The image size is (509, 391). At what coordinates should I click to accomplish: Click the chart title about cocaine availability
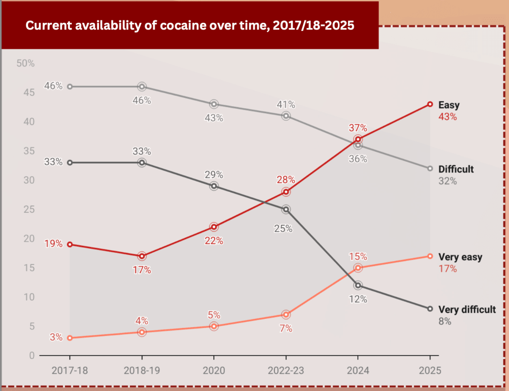pyautogui.click(x=190, y=26)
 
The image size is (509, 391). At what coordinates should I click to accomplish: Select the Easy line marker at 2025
pyautogui.click(x=430, y=104)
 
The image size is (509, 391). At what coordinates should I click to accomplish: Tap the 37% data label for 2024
pyautogui.click(x=358, y=128)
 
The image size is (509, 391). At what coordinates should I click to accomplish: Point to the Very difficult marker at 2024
pyautogui.click(x=358, y=285)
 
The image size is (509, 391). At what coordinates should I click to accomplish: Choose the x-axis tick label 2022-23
pyautogui.click(x=286, y=371)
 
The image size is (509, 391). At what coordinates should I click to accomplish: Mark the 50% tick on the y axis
pyautogui.click(x=25, y=63)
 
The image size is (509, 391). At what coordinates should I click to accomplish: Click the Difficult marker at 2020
pyautogui.click(x=214, y=104)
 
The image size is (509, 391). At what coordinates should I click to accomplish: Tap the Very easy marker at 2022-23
pyautogui.click(x=286, y=314)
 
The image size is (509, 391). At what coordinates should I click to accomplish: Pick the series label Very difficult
pyautogui.click(x=467, y=309)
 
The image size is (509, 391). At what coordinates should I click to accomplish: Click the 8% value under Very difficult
pyautogui.click(x=445, y=321)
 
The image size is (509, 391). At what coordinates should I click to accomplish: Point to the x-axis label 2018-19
pyautogui.click(x=142, y=371)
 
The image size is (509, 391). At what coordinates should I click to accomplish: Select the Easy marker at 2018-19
pyautogui.click(x=142, y=256)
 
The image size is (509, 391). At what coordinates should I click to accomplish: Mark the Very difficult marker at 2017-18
pyautogui.click(x=70, y=162)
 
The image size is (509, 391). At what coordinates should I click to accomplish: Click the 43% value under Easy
pyautogui.click(x=447, y=117)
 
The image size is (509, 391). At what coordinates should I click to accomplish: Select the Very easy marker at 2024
pyautogui.click(x=358, y=268)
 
